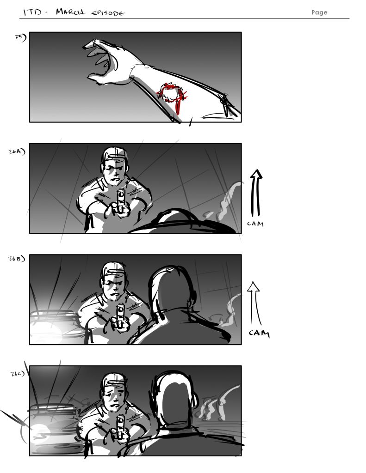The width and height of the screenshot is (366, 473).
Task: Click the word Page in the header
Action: (319, 12)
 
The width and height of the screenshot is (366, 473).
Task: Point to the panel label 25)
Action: (21, 38)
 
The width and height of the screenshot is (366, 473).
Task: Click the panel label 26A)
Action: (18, 150)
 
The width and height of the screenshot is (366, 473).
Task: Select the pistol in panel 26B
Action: (121, 316)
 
